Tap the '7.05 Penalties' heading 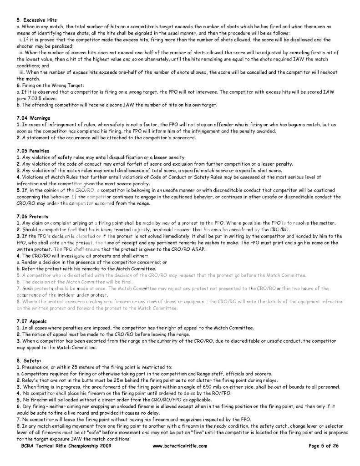click(33, 150)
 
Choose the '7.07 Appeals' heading click(31, 321)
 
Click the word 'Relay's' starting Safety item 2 click(28, 380)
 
